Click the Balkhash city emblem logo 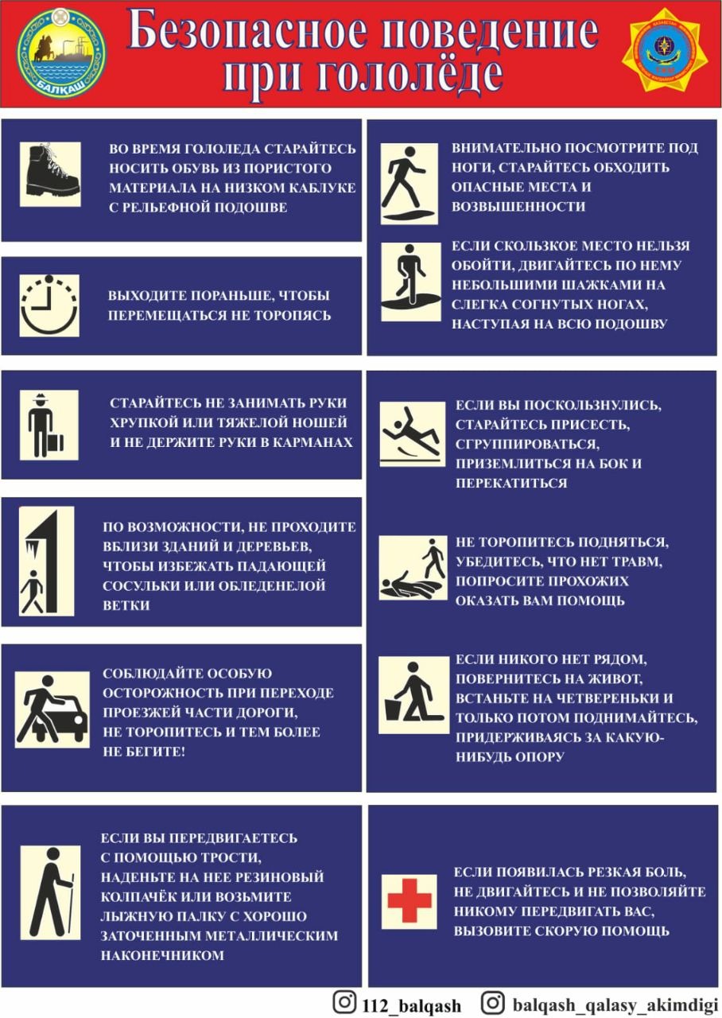tap(62, 54)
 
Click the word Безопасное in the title tap(246, 33)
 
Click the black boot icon tap(50, 174)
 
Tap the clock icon tap(49, 305)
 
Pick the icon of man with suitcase tap(49, 425)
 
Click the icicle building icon tap(46, 561)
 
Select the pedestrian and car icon tap(52, 709)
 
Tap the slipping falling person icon tap(413, 434)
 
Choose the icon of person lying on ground tap(413, 568)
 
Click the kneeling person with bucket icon tap(413, 695)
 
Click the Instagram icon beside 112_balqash tap(344, 1001)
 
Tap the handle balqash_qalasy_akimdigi tap(615, 1004)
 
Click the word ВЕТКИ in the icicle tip tap(126, 605)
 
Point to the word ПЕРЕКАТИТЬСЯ tap(511, 483)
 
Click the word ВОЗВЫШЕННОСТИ tap(518, 206)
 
